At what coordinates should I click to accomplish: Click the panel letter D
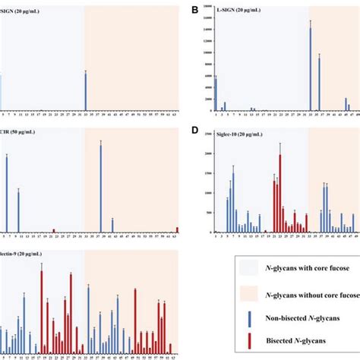click(x=194, y=131)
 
